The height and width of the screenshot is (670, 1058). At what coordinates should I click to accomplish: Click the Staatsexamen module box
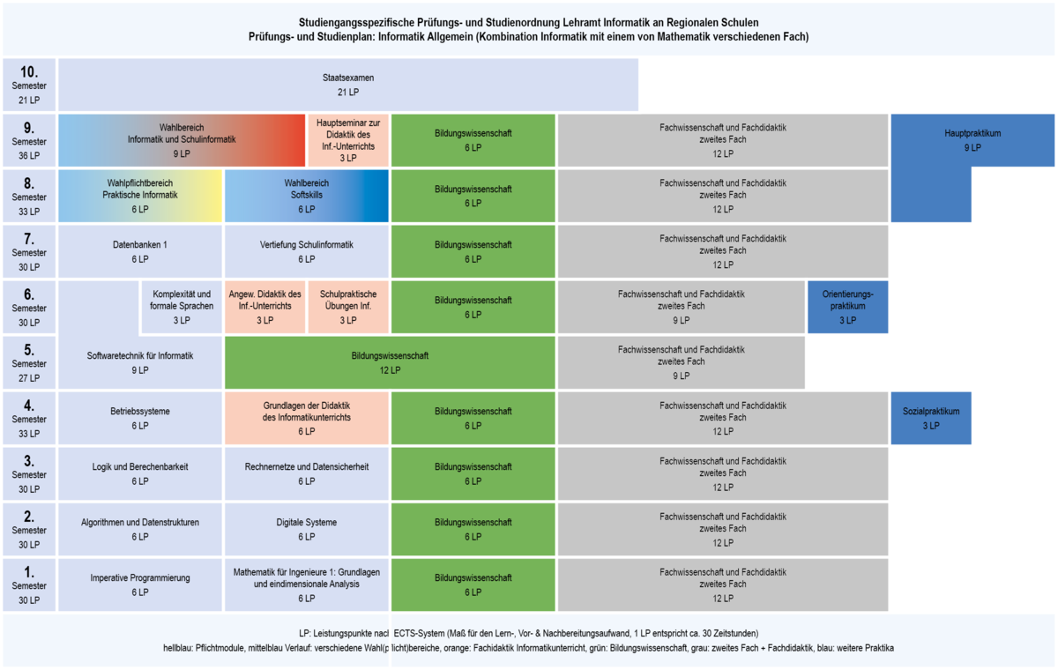coord(348,85)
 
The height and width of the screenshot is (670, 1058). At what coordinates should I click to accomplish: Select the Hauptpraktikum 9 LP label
coord(972,140)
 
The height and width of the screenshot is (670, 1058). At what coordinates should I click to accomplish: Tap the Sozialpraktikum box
coord(931,418)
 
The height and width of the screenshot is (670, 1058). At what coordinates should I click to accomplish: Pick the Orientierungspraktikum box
coord(848,307)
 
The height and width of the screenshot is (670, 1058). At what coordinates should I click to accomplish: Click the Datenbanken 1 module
coord(140,251)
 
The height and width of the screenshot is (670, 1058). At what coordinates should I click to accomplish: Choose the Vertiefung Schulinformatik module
coord(307,251)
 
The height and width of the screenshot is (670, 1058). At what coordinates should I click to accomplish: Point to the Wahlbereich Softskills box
coord(307,196)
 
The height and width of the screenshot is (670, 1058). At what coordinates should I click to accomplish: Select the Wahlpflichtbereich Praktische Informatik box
coord(140,196)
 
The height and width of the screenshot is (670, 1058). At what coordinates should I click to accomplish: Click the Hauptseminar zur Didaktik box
coord(348,140)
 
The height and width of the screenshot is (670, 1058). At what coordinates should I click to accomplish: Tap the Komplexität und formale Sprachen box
coord(182,307)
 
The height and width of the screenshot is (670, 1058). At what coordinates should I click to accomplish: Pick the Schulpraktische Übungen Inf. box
coord(348,307)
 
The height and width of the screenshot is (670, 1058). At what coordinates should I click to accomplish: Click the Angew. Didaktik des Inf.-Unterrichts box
coord(265,307)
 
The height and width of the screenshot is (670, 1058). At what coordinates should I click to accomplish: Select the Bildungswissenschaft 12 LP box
coord(390,362)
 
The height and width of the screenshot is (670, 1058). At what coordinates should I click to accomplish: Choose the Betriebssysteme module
coord(140,418)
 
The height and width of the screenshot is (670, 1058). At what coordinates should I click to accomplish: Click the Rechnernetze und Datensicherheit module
coord(307,473)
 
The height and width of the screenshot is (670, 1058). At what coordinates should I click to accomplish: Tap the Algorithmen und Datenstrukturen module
coord(140,529)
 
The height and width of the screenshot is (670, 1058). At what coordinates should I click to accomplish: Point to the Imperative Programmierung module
coord(140,584)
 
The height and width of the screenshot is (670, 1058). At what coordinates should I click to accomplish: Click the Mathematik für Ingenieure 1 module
coord(307,584)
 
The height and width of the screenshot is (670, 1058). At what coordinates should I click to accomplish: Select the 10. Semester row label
coord(29,85)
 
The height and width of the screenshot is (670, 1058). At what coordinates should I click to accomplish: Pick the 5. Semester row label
coord(29,362)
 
